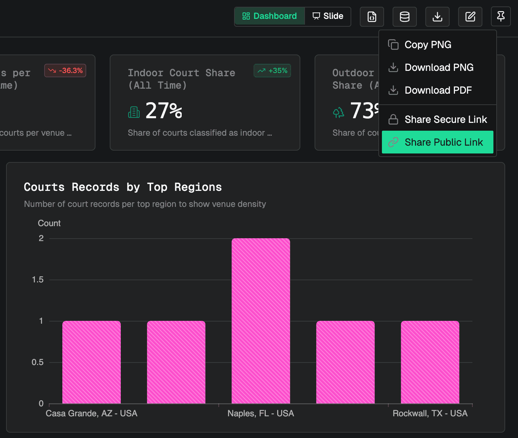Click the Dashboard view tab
270,16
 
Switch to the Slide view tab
328,16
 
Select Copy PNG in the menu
428,45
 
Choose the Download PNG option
439,67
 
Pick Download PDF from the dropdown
438,90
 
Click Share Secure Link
445,119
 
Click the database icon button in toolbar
405,17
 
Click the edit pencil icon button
470,17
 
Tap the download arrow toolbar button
437,17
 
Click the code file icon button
372,17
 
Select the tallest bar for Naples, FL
261,320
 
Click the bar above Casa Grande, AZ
92,362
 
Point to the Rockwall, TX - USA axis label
430,413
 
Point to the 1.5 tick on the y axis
38,280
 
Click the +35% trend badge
273,71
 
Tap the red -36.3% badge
65,71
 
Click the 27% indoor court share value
164,111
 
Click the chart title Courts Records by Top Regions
123,187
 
